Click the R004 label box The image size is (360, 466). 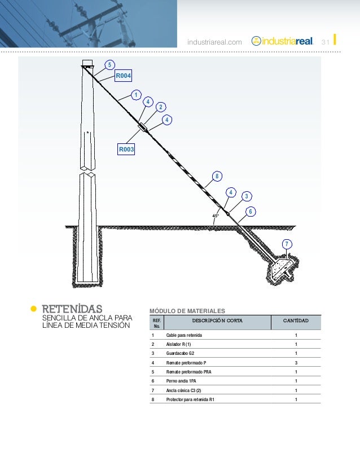click(124, 75)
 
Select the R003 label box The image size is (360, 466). click(126, 150)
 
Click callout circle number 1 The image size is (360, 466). click(135, 94)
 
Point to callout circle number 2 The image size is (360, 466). click(160, 107)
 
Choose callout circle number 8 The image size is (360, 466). click(217, 176)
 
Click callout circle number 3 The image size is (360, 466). click(246, 196)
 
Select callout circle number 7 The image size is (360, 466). click(287, 244)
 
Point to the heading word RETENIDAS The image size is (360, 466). click(72, 309)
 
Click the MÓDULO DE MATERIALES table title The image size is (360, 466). click(187, 311)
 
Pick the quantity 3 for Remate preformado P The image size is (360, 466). click(296, 363)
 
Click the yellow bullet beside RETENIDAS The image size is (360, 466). click(33, 309)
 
